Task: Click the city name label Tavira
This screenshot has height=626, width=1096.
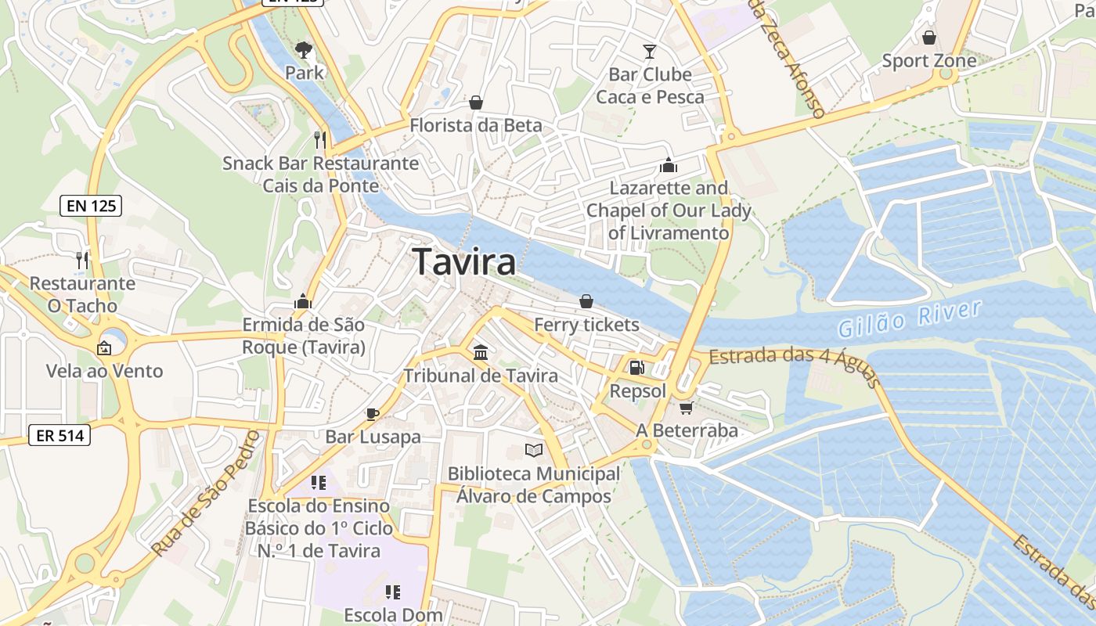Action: click(464, 261)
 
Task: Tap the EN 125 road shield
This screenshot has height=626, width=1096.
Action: click(90, 206)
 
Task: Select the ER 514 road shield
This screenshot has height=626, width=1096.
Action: click(59, 435)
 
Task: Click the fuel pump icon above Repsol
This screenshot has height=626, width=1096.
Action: click(637, 367)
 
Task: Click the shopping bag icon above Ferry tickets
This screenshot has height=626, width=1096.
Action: click(586, 301)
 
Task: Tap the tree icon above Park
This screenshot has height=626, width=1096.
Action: click(304, 50)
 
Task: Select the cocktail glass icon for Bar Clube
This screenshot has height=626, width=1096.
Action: click(650, 52)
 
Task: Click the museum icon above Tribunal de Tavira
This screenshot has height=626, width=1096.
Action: click(480, 352)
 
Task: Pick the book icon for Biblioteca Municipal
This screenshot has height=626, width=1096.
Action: click(533, 450)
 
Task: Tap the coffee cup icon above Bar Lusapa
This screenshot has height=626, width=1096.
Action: click(373, 413)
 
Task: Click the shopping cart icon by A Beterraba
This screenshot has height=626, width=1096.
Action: click(687, 407)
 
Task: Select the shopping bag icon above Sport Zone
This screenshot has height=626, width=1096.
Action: click(928, 38)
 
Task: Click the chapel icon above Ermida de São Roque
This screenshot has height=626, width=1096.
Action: click(303, 301)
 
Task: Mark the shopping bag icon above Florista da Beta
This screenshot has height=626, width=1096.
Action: click(475, 103)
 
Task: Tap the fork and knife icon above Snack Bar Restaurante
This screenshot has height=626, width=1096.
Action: click(319, 139)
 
